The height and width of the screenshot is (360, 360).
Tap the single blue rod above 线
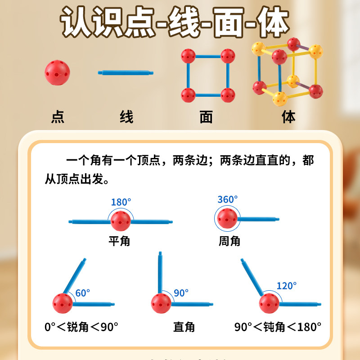[126, 72]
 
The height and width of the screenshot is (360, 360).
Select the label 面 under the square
[206, 117]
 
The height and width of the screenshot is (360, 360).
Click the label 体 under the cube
[288, 117]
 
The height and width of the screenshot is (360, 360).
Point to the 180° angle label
[121, 202]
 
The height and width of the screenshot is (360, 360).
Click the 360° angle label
[227, 199]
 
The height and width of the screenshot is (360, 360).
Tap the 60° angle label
[82, 293]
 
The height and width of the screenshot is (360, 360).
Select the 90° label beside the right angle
[181, 293]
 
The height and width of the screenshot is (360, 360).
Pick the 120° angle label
[286, 286]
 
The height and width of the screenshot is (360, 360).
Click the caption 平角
[120, 241]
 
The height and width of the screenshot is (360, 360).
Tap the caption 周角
[229, 241]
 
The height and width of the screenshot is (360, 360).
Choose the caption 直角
[184, 327]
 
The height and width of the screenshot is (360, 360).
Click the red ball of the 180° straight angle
[121, 221]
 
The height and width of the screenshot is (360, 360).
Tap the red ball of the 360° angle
[227, 218]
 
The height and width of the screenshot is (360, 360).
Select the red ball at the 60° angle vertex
[63, 303]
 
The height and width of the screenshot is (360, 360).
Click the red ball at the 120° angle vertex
[269, 303]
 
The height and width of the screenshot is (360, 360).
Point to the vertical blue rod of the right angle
[160, 272]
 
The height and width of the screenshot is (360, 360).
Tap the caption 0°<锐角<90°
[81, 327]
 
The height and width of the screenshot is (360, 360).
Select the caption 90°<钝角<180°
[278, 327]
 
